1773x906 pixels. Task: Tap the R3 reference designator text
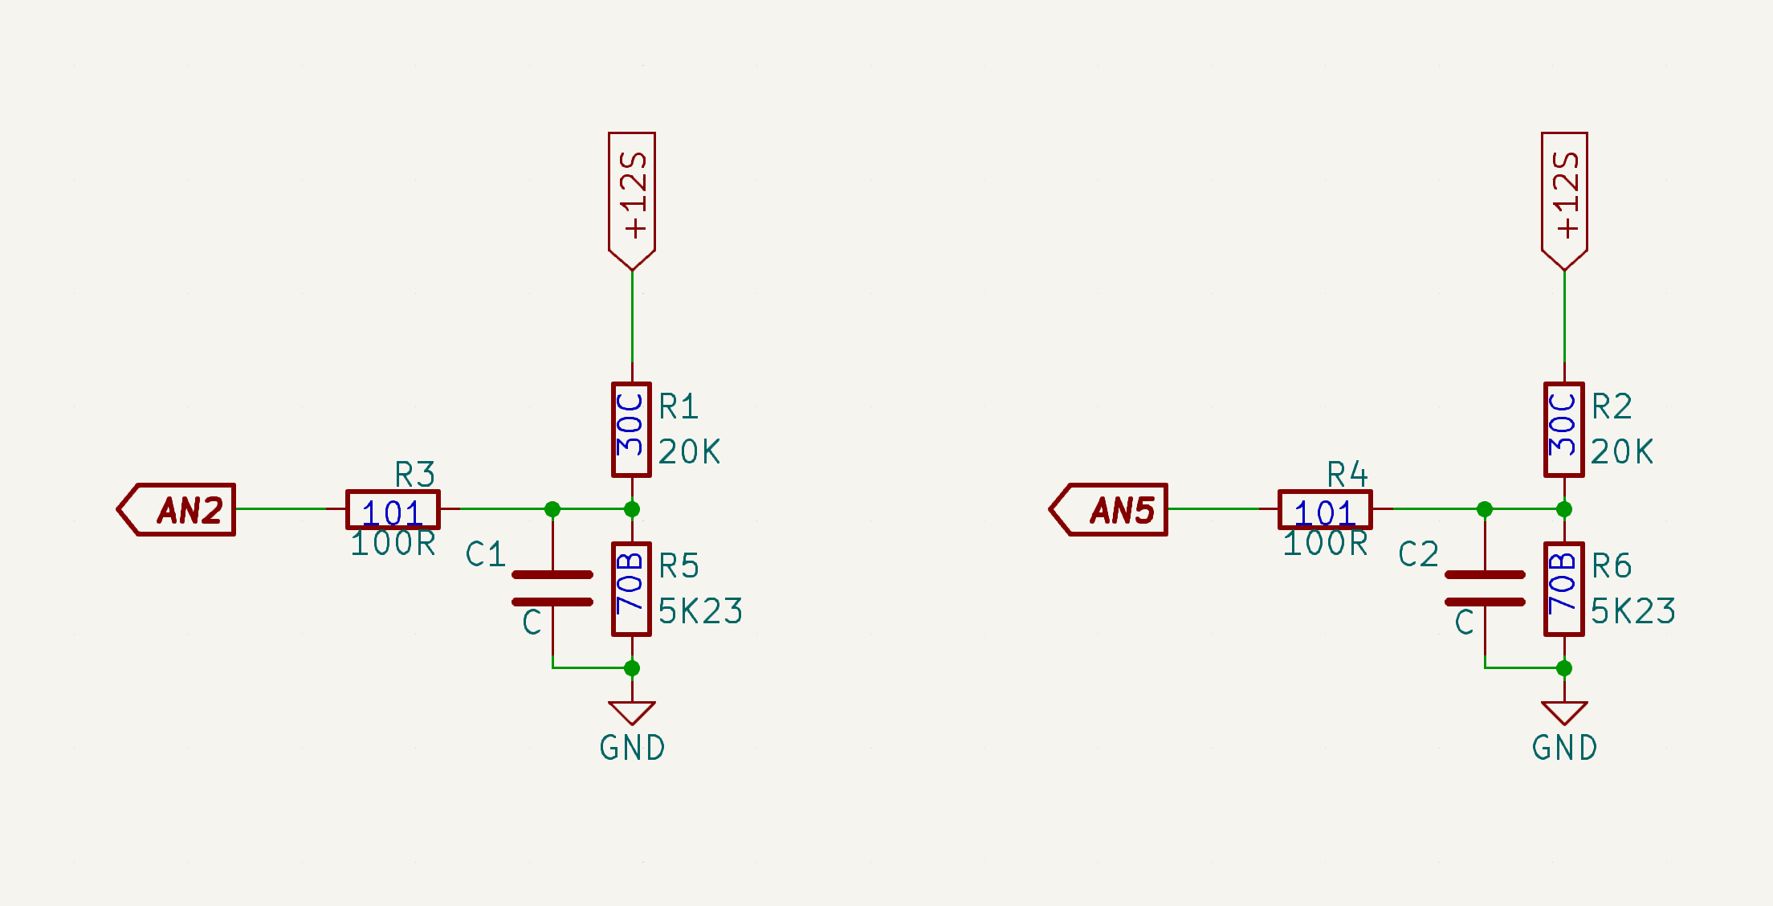click(x=414, y=475)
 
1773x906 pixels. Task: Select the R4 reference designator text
click(x=1347, y=475)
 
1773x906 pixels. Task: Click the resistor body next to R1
click(x=631, y=430)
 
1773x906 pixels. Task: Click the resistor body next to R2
click(x=1563, y=430)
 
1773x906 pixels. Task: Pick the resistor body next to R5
click(x=631, y=589)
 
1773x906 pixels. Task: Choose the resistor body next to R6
click(x=1563, y=589)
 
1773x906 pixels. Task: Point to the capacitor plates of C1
click(x=552, y=588)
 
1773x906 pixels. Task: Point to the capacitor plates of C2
click(x=1485, y=588)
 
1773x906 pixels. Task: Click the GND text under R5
click(x=632, y=748)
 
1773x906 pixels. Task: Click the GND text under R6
click(x=1564, y=748)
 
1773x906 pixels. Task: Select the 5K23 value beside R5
click(x=700, y=612)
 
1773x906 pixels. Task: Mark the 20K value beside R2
click(x=1621, y=452)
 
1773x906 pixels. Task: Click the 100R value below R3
click(x=393, y=544)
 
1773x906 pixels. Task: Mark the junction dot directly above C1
click(x=552, y=509)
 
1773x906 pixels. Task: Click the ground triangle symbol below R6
click(x=1564, y=712)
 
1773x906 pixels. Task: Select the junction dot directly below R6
click(x=1564, y=668)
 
